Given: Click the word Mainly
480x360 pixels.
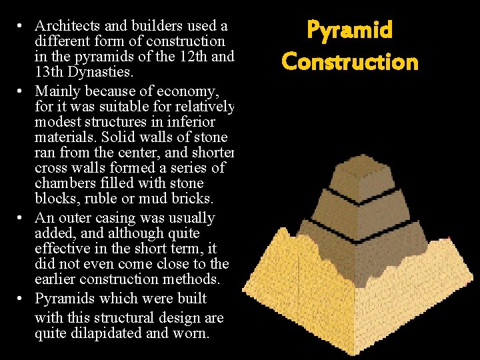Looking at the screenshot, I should click(57, 90).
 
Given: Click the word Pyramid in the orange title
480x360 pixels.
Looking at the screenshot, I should click(349, 31).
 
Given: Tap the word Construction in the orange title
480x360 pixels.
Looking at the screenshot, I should click(349, 62).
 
